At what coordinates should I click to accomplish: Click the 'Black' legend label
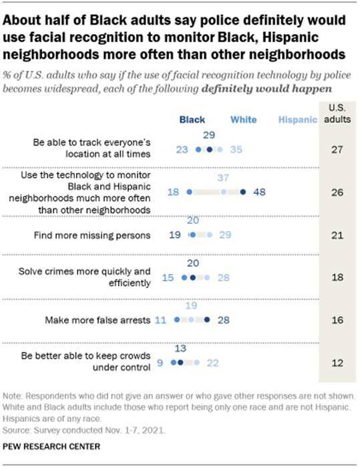click(x=192, y=120)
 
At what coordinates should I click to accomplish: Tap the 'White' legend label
click(x=244, y=120)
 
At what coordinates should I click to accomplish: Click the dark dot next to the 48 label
click(x=243, y=192)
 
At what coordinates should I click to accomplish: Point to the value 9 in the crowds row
click(x=161, y=363)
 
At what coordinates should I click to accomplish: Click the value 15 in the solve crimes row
click(x=168, y=277)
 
